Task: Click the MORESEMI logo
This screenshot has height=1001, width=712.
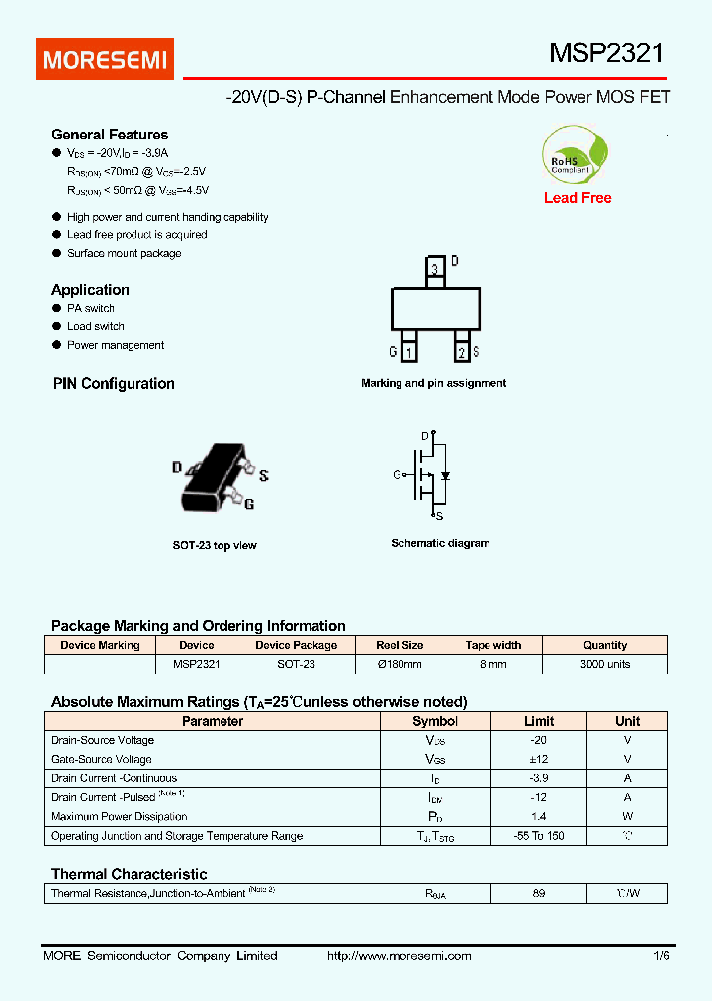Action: coord(106,59)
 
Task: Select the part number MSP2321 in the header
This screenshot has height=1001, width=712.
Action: coord(606,53)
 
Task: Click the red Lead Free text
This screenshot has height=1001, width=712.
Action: coord(578,198)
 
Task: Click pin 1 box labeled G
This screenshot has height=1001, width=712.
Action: coord(409,351)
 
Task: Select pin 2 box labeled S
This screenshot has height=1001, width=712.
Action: coord(461,351)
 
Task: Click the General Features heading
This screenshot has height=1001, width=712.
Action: coord(110,135)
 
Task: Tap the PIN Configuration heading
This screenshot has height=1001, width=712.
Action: coord(114,384)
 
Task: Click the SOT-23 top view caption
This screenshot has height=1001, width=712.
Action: coord(215,545)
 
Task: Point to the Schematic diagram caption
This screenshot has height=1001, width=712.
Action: coord(440,543)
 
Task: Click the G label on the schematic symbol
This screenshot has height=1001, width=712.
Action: coord(397,475)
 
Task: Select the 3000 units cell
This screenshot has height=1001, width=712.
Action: coord(605,664)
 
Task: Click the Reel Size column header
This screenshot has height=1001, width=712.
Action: coord(400,645)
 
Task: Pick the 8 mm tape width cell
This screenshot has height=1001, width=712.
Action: coord(492,664)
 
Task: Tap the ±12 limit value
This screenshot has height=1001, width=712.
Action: coord(538,759)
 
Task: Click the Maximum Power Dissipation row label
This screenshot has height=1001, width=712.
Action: coord(119,817)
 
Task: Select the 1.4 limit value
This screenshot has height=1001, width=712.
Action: coord(538,817)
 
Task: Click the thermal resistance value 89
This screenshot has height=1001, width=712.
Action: coord(538,893)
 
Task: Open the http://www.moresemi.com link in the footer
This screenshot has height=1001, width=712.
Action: coord(399,955)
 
